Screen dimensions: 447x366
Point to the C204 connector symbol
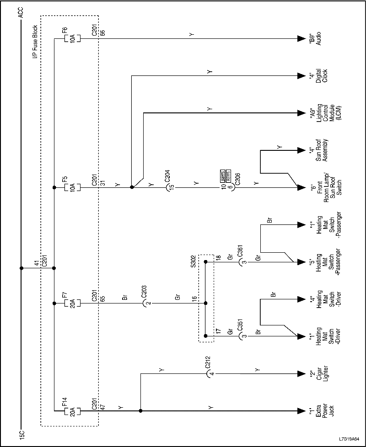[x=167, y=187]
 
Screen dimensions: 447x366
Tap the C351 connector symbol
[x=240, y=336]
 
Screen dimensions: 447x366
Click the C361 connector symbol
[x=240, y=262]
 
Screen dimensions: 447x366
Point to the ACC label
[x=21, y=13]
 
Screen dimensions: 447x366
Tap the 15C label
[x=21, y=434]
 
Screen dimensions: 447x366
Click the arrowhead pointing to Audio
[x=300, y=39]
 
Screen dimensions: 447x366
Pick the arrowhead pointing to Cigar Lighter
[x=300, y=374]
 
